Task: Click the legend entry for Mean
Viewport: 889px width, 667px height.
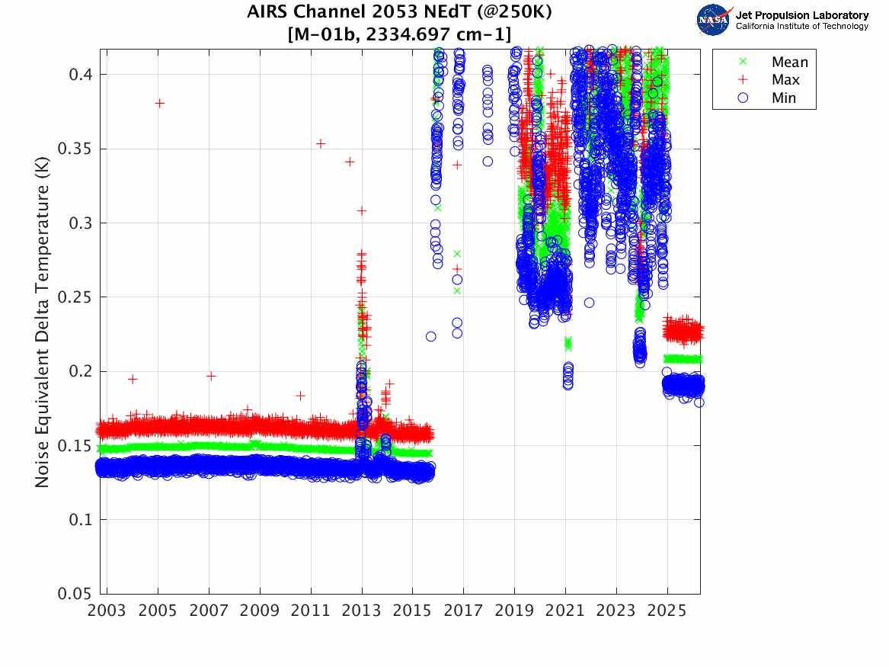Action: (x=789, y=63)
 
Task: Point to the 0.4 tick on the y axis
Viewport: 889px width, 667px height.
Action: (x=80, y=75)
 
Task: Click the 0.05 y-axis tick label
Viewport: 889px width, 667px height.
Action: (x=75, y=594)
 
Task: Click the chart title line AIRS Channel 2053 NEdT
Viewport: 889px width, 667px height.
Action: (x=400, y=13)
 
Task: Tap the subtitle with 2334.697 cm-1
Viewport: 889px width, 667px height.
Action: (x=400, y=34)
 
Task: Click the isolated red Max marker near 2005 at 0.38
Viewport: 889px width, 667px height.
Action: (x=159, y=103)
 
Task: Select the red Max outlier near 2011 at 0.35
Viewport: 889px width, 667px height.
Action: (x=321, y=143)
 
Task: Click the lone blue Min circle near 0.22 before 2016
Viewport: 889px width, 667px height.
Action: (x=431, y=336)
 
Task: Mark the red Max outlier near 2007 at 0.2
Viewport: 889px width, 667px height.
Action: (x=211, y=376)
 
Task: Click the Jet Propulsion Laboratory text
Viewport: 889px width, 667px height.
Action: (x=802, y=15)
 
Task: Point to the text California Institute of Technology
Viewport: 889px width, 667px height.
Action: (x=802, y=27)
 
